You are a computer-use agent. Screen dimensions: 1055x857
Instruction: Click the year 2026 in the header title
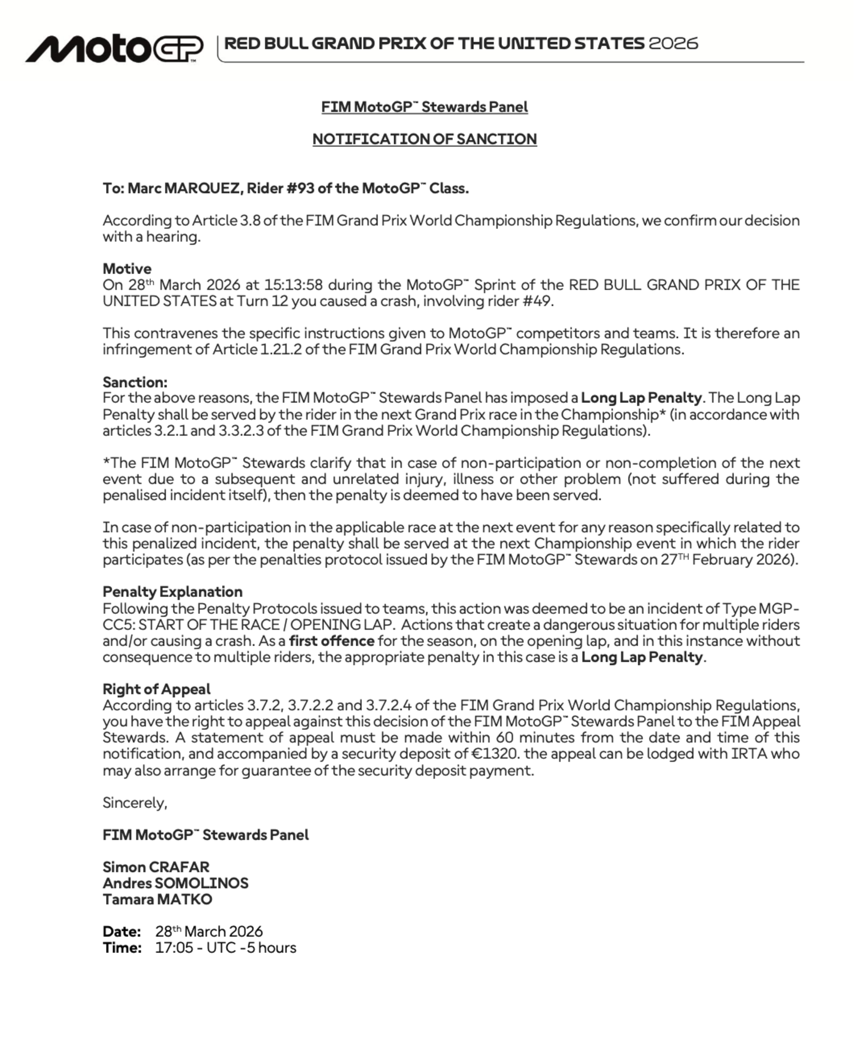673,43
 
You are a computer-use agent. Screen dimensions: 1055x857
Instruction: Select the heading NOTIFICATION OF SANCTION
425,139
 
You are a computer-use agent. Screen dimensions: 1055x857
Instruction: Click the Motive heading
127,269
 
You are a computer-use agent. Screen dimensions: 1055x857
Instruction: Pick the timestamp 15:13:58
293,285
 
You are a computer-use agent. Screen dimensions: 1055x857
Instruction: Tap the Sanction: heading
135,382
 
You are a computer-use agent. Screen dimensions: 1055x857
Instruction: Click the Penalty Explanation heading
172,591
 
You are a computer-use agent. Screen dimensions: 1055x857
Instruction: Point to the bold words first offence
331,641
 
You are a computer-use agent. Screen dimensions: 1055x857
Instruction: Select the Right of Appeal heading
156,689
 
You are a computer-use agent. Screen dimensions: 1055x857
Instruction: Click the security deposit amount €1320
494,754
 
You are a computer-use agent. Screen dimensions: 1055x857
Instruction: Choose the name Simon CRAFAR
156,867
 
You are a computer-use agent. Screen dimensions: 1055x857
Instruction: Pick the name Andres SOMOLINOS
175,883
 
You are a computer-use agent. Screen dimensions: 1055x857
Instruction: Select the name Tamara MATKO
157,899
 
